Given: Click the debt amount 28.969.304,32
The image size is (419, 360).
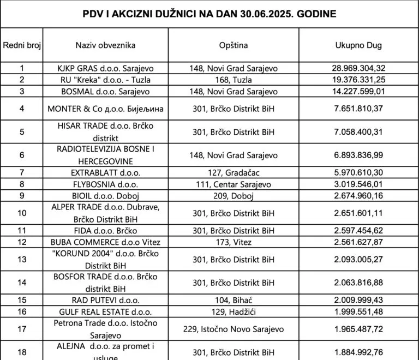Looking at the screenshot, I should [x=358, y=68].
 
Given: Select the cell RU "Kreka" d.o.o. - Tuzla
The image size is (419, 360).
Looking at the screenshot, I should [x=105, y=80].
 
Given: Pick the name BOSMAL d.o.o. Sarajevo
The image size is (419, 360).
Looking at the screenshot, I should [x=105, y=91].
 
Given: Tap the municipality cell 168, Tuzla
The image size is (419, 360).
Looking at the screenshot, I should [x=234, y=80].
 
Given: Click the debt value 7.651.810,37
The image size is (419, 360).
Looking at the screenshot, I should [x=358, y=109].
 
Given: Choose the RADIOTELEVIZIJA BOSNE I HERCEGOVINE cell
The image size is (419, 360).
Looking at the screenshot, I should [x=105, y=155].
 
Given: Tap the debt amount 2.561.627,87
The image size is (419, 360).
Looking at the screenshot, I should [x=358, y=242].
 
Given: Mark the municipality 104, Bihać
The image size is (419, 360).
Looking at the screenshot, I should [x=234, y=300].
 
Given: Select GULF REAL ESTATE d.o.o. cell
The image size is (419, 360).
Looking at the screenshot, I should [x=105, y=311].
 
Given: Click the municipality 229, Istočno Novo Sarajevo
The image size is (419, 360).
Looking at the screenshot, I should [x=234, y=329].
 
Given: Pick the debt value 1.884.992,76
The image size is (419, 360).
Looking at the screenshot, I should [x=358, y=352].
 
